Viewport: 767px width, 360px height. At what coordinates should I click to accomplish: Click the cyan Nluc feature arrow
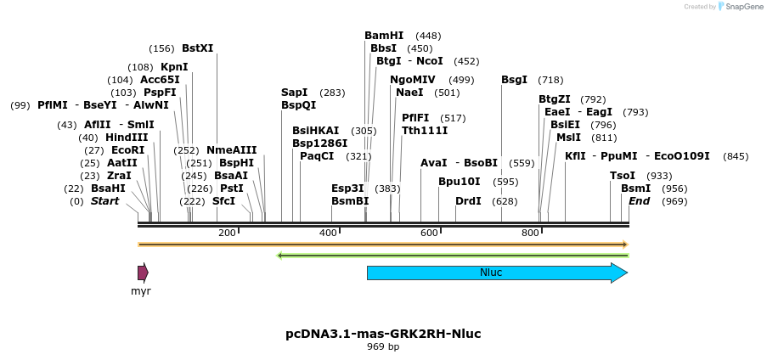(497, 273)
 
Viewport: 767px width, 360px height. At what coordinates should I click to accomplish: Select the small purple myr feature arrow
(143, 273)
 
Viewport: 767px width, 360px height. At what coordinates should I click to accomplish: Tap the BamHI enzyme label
(384, 36)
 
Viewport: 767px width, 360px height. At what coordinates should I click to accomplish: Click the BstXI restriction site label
(197, 48)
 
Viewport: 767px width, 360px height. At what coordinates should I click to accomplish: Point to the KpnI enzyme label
(174, 67)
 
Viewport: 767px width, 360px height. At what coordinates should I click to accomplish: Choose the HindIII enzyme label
(127, 138)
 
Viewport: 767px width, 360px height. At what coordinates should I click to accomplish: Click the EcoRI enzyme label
(128, 150)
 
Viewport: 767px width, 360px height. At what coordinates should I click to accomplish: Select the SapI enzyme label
(294, 93)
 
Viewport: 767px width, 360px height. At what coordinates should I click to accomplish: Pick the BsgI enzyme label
(514, 80)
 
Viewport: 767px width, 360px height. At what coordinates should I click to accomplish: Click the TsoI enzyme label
(623, 176)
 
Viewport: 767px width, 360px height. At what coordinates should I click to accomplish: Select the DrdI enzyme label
(468, 201)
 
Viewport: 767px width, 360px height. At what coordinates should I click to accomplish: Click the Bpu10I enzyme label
(460, 182)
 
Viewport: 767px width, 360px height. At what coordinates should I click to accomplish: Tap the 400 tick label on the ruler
(328, 233)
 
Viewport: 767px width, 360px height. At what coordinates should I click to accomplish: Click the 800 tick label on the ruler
(530, 233)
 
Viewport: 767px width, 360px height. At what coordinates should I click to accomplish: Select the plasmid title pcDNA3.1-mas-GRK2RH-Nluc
(383, 334)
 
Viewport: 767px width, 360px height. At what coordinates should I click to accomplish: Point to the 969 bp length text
(383, 347)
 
